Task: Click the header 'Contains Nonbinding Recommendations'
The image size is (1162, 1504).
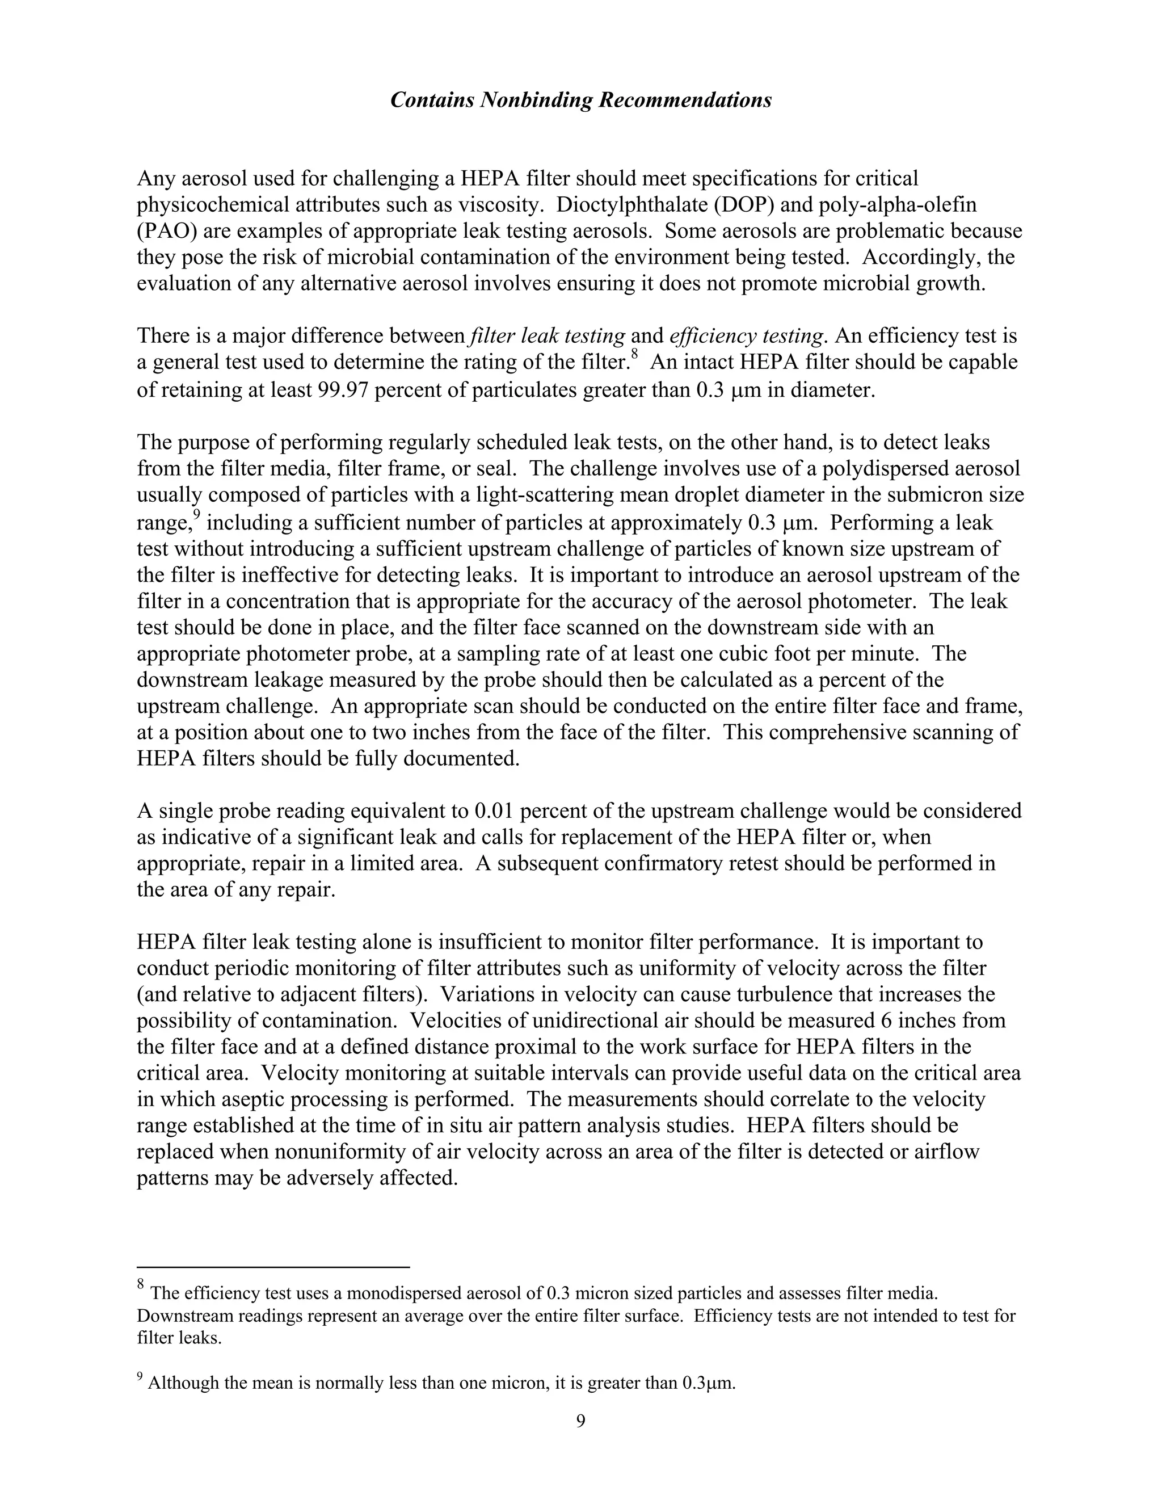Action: coord(580,100)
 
